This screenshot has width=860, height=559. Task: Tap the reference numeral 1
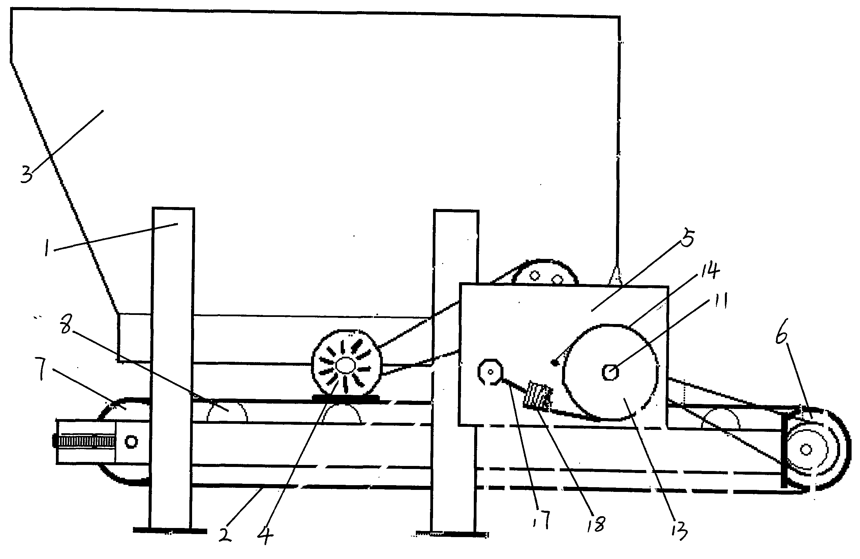pyautogui.click(x=47, y=248)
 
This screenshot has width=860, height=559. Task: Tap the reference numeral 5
pyautogui.click(x=687, y=239)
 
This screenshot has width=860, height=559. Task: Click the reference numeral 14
pyautogui.click(x=710, y=271)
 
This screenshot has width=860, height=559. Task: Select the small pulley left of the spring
pyautogui.click(x=490, y=372)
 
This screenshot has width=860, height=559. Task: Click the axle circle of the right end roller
pyautogui.click(x=806, y=450)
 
